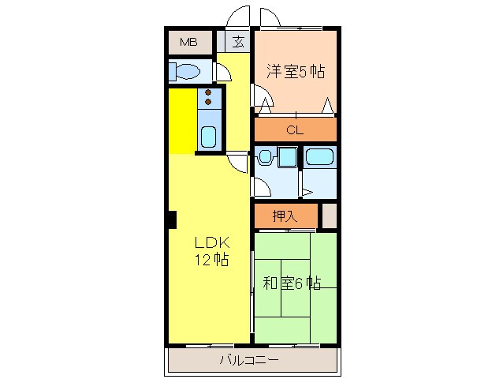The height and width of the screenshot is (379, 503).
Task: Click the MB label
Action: click(188, 43)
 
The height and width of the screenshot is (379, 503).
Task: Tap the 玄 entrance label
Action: click(237, 43)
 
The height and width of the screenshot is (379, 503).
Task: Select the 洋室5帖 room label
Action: click(295, 72)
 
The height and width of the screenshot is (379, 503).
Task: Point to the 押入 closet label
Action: click(285, 215)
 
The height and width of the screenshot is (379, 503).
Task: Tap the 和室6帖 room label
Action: click(291, 283)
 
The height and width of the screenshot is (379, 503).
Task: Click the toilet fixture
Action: click(188, 73)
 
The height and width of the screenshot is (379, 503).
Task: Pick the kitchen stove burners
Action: click(209, 97)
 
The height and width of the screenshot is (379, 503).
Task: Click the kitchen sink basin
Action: click(209, 136)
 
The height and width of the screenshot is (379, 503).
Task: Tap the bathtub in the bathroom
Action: click(319, 156)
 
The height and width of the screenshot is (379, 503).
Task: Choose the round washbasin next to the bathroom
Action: click(266, 157)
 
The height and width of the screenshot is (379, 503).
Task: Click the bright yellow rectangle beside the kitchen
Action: click(181, 121)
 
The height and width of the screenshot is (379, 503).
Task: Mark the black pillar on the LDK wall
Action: click(170, 220)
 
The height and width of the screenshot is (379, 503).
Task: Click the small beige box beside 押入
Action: click(329, 215)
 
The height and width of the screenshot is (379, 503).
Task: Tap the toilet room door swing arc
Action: click(223, 72)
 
